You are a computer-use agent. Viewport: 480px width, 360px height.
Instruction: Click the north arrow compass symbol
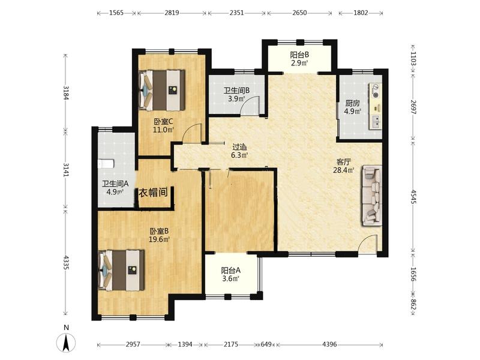[x=66, y=342]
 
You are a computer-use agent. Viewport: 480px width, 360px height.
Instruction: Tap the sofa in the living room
[x=372, y=196]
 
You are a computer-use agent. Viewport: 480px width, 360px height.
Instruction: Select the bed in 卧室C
[x=162, y=91]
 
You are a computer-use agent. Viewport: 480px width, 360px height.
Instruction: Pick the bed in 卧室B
[x=122, y=270]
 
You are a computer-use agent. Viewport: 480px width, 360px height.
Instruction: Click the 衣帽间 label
[x=154, y=193]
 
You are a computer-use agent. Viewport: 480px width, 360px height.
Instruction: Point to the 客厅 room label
[x=343, y=161]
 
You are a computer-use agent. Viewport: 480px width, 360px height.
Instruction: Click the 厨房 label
[x=352, y=103]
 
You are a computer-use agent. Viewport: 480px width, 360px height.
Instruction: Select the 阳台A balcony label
[x=231, y=271]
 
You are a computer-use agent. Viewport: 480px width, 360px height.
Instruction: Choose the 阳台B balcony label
[x=299, y=55]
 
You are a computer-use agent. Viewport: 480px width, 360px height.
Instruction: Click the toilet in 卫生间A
[x=106, y=164]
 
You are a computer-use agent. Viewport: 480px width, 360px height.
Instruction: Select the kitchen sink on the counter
[x=377, y=122]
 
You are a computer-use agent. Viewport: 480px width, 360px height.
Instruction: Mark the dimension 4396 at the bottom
[x=329, y=344]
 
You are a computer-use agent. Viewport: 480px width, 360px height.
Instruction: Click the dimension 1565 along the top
[x=116, y=13]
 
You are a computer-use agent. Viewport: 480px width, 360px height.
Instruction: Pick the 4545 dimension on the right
[x=413, y=197]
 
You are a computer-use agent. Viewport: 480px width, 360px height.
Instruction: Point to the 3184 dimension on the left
[x=65, y=92]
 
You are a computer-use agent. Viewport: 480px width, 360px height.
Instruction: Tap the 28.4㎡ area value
[x=343, y=170]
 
